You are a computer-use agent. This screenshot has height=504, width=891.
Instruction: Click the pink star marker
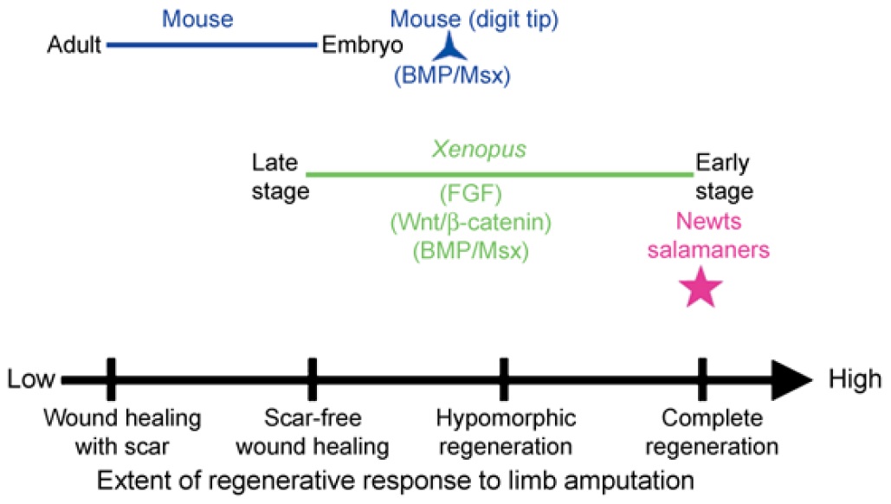click(700, 288)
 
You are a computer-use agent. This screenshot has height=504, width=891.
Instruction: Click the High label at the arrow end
click(855, 379)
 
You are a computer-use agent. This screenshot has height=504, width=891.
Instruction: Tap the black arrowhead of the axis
click(791, 379)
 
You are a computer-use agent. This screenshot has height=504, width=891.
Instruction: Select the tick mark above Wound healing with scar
click(110, 378)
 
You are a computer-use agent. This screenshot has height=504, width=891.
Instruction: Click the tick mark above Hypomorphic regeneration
click(503, 378)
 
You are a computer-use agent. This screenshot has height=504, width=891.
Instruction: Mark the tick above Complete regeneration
click(701, 378)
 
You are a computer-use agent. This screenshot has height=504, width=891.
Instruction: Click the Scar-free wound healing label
click(313, 432)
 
